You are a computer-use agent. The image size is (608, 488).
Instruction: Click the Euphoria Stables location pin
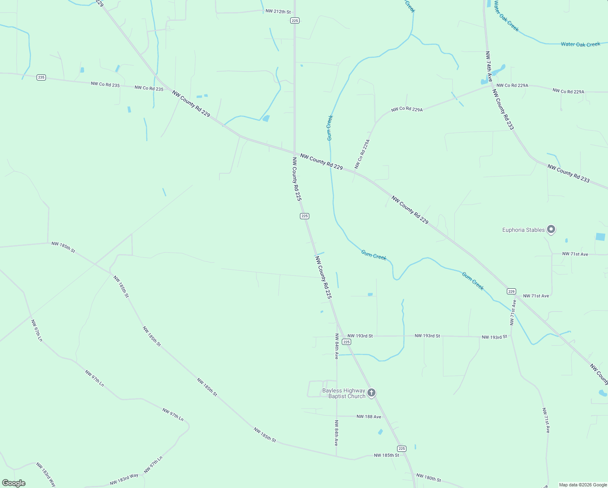click(551, 229)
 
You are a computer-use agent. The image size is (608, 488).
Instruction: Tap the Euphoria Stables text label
click(523, 230)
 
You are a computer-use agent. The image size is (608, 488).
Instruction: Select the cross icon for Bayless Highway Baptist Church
click(371, 393)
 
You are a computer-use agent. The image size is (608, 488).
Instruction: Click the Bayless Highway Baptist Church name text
click(344, 393)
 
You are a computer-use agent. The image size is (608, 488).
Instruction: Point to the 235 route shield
click(41, 77)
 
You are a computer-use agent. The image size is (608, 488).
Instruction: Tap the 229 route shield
click(511, 291)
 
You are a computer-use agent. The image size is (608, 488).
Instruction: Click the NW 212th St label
click(278, 12)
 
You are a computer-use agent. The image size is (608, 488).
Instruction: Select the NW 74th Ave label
click(489, 66)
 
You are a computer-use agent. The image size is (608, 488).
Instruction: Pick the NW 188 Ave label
click(369, 416)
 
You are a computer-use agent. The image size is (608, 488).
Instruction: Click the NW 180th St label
click(428, 477)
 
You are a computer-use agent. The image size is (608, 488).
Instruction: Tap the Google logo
click(14, 483)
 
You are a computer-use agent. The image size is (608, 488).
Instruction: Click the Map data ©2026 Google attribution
click(583, 485)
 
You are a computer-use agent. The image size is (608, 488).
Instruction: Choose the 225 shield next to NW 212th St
click(295, 21)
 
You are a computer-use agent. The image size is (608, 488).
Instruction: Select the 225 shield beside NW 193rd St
click(346, 342)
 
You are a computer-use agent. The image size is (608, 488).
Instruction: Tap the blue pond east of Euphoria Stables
click(600, 237)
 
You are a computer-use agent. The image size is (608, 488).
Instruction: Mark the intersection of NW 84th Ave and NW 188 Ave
click(337, 416)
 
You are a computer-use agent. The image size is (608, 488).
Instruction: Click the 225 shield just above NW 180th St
click(402, 449)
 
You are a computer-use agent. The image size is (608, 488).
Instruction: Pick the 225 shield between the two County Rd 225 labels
click(305, 216)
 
